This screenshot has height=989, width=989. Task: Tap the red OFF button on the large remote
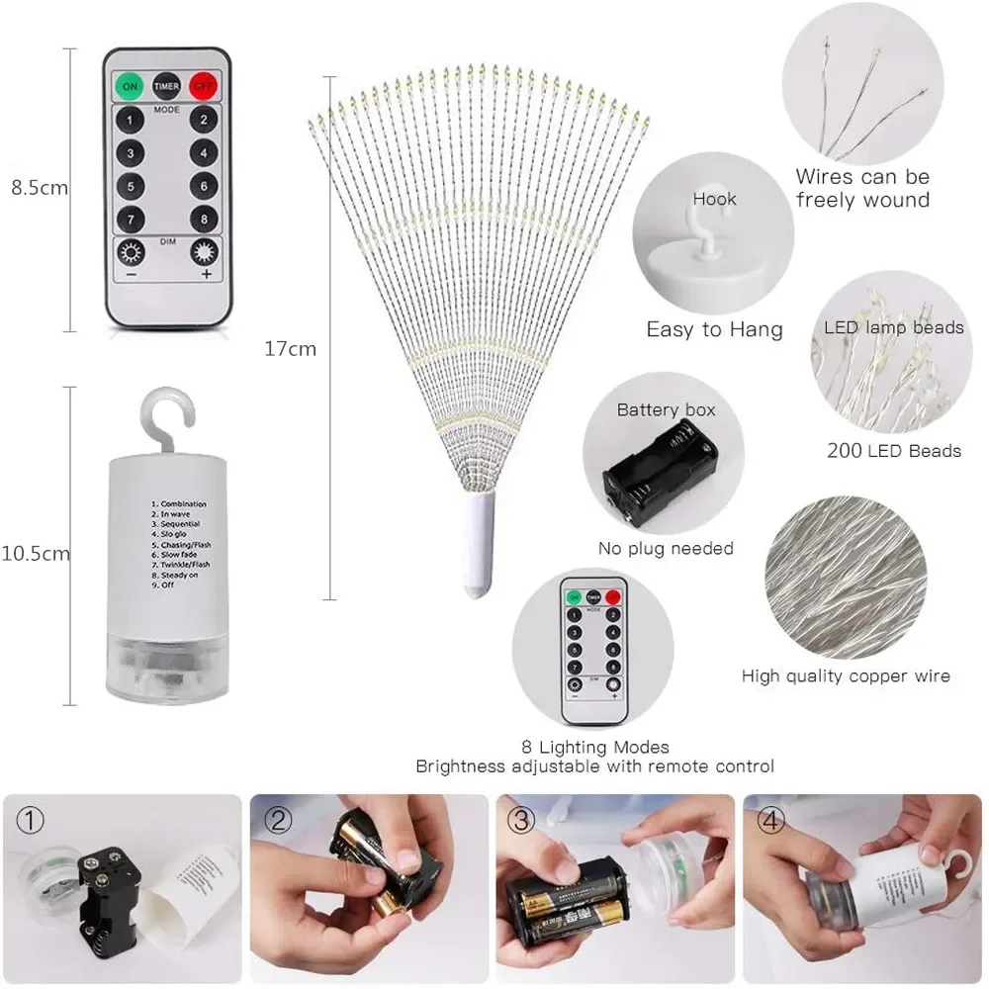(x=203, y=85)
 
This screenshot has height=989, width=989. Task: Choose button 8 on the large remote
(x=204, y=218)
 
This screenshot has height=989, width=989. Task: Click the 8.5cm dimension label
(x=39, y=187)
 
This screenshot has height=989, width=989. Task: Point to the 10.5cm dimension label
(x=37, y=554)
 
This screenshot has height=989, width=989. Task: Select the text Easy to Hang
(x=714, y=329)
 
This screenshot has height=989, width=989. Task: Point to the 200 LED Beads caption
(x=893, y=451)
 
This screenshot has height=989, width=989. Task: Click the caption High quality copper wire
(x=846, y=676)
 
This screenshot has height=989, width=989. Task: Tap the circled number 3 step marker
(x=522, y=820)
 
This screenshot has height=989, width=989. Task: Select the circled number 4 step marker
(x=770, y=820)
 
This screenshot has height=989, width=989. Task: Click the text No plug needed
(x=666, y=548)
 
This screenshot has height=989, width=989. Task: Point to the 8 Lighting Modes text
(x=594, y=747)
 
